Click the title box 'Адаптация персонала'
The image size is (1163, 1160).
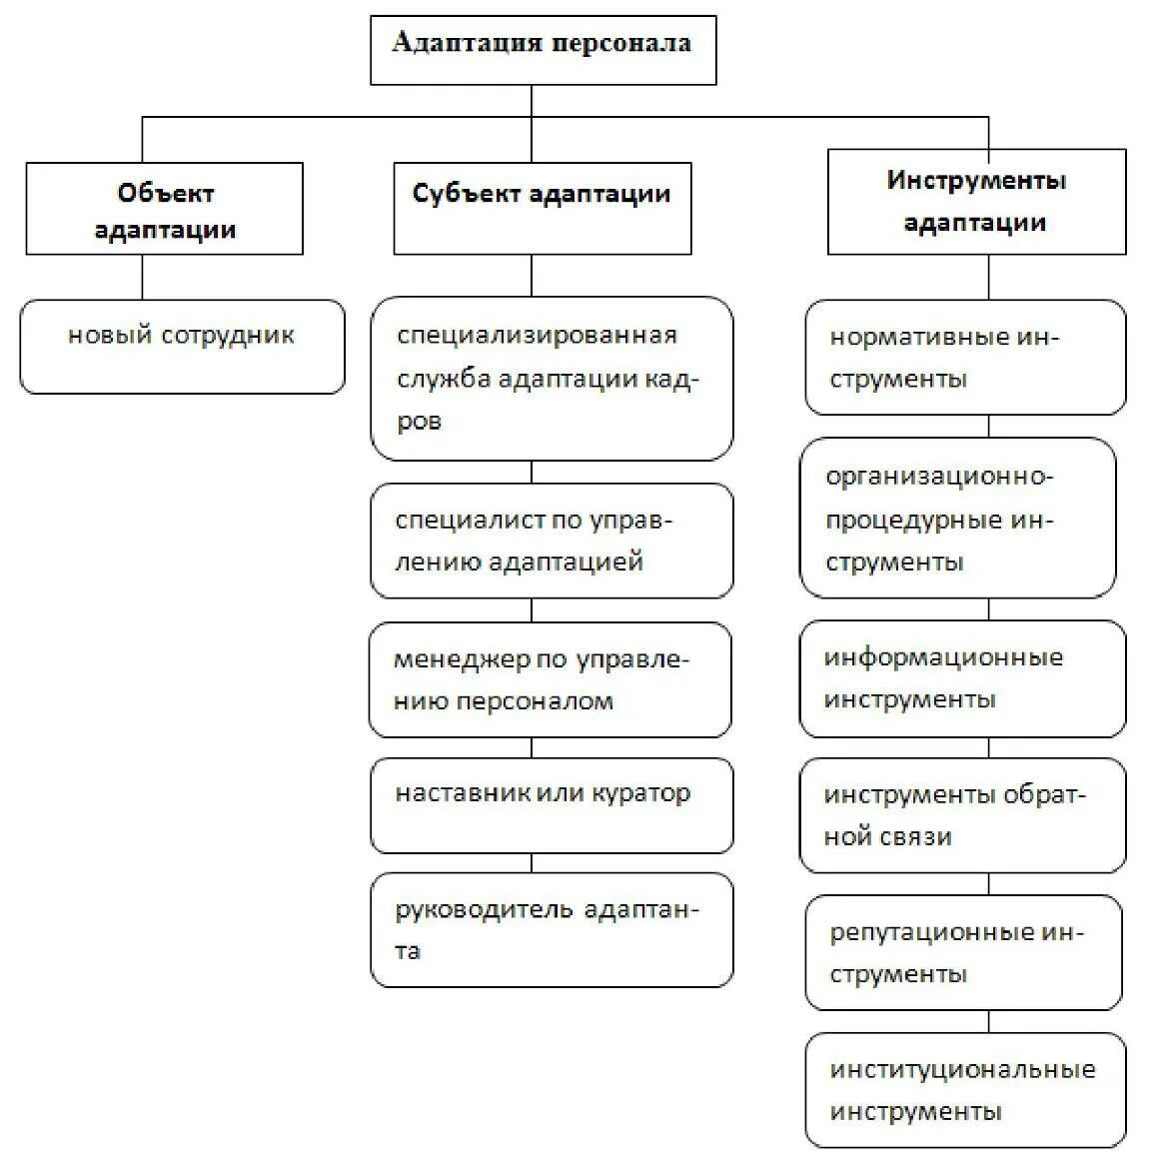click(543, 49)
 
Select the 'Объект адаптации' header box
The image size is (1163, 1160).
click(164, 209)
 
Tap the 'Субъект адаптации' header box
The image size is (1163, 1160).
click(542, 208)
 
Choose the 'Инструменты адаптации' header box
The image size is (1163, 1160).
click(976, 201)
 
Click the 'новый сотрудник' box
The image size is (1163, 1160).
click(182, 346)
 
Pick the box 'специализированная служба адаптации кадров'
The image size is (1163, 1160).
click(552, 378)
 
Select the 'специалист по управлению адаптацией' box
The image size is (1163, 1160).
click(552, 541)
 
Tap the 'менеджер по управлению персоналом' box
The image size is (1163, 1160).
click(550, 679)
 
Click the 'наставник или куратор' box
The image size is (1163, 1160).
click(552, 805)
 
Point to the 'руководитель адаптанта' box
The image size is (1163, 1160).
click(552, 930)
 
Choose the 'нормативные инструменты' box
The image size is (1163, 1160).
click(964, 357)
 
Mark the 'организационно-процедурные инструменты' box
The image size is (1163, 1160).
click(957, 518)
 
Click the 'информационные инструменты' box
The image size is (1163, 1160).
click(962, 678)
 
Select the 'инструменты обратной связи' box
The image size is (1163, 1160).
click(962, 815)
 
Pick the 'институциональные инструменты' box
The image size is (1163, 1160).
click(964, 1090)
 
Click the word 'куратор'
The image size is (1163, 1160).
click(640, 793)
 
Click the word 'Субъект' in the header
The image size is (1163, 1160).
click(466, 193)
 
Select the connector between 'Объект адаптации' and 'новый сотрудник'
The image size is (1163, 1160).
click(142, 277)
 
